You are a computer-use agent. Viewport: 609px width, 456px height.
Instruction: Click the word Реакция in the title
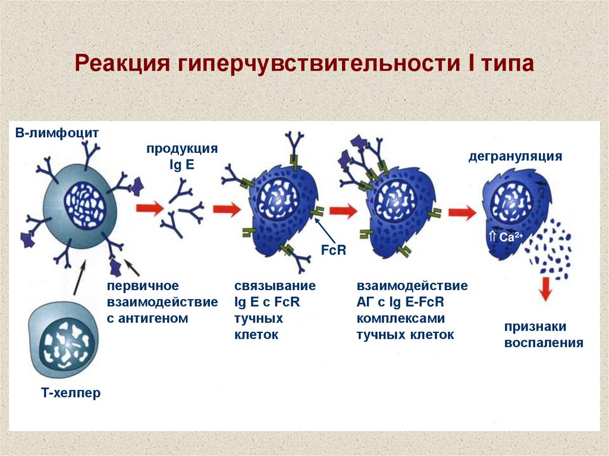(121, 64)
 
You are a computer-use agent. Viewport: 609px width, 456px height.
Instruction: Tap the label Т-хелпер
(71, 392)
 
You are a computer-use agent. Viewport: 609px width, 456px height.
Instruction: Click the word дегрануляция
(515, 157)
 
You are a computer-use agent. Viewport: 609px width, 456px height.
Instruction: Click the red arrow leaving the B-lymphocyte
(149, 209)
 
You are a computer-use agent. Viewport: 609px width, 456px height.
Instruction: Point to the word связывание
(275, 286)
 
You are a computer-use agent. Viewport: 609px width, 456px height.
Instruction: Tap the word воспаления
(544, 343)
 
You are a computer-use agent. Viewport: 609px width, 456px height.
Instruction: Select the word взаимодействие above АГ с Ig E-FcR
(412, 286)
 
